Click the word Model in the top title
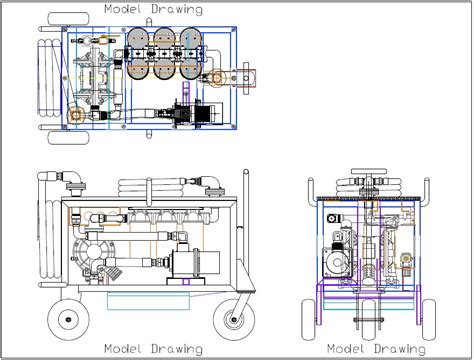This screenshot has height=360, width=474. tap(123, 9)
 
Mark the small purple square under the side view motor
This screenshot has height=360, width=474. tap(187, 288)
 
